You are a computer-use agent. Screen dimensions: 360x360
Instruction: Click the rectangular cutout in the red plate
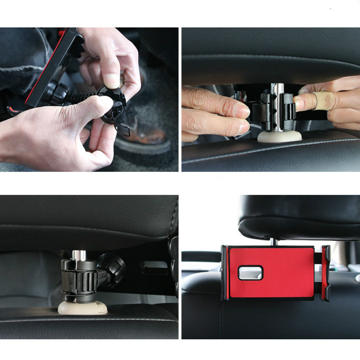click(250, 272)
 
